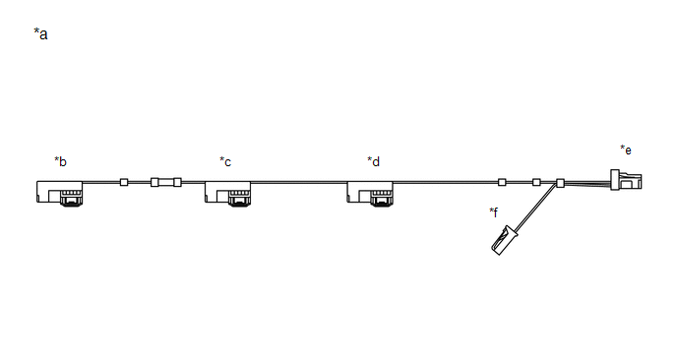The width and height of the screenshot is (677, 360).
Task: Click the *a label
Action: [x=40, y=33]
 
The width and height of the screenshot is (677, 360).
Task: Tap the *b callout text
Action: [x=60, y=161]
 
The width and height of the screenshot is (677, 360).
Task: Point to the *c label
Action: [x=225, y=161]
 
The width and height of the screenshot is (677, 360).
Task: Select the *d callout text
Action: [x=374, y=161]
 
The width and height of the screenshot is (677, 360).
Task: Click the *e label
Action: [x=626, y=150]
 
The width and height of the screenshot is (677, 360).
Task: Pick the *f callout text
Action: [x=494, y=211]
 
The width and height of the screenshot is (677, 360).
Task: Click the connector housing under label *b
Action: [x=60, y=193]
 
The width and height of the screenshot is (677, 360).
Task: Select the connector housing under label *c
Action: [x=227, y=193]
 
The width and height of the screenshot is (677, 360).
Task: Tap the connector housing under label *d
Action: [x=370, y=193]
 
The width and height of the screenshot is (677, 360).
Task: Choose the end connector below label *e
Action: [x=626, y=180]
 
